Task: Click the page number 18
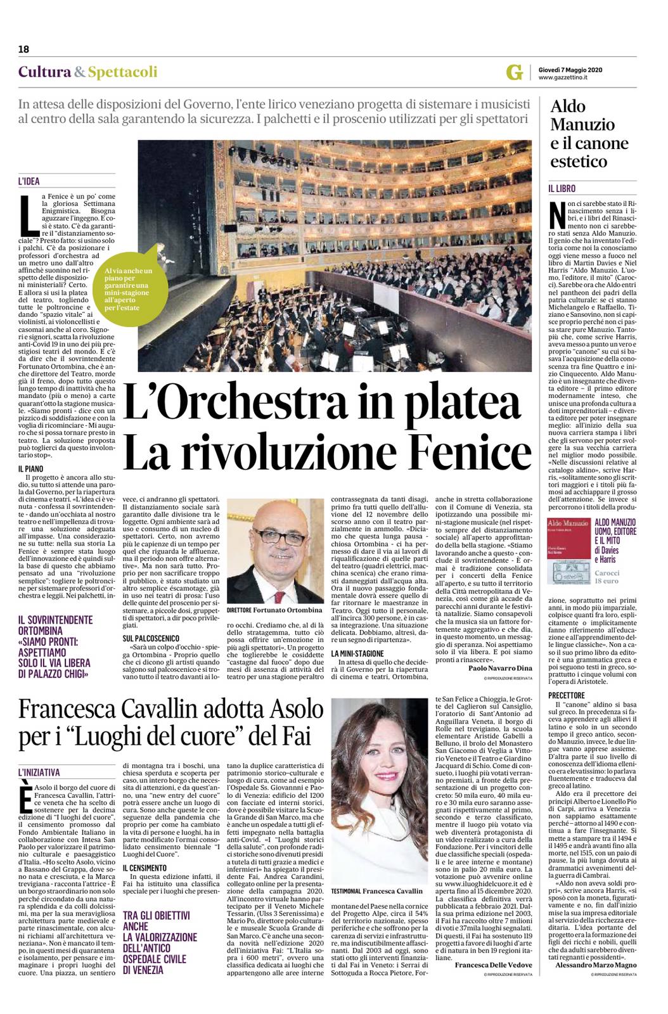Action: pyautogui.click(x=24, y=49)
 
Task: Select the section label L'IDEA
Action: pyautogui.click(x=29, y=181)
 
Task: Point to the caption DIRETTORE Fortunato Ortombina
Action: pyautogui.click(x=274, y=610)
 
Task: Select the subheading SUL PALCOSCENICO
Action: pyautogui.click(x=151, y=638)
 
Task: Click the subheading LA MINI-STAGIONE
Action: pyautogui.click(x=357, y=653)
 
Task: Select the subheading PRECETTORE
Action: pyautogui.click(x=567, y=695)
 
